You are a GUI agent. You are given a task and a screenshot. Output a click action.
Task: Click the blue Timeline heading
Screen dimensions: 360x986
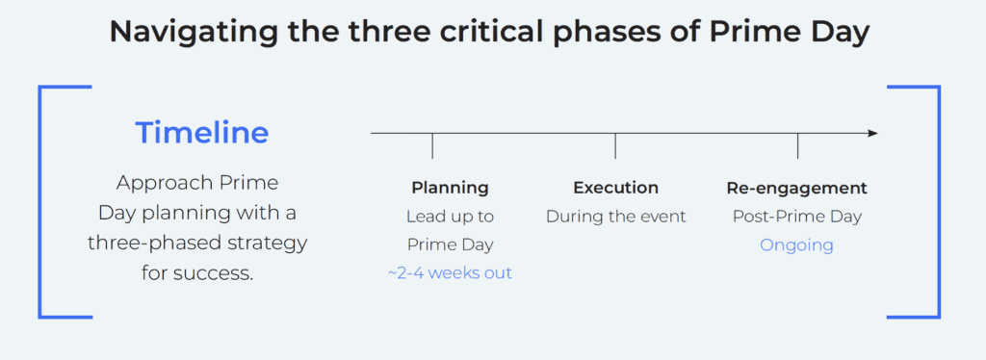point(201,133)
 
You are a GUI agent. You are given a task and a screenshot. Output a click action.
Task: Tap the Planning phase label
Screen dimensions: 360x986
point(450,188)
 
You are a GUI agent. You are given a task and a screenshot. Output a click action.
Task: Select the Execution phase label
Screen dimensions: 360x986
point(615,188)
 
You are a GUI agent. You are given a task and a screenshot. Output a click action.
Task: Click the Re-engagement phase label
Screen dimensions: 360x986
point(796,188)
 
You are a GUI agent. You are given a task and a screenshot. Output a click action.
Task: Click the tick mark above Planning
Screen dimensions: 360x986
point(432,145)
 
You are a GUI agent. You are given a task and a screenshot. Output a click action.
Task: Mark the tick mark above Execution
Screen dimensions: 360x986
point(615,145)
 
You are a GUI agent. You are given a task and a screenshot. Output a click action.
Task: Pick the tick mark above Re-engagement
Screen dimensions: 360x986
point(797,145)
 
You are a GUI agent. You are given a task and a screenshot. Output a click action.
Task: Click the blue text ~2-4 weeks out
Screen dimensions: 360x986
point(450,273)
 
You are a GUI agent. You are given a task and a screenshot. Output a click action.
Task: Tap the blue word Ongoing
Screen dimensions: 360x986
point(796,244)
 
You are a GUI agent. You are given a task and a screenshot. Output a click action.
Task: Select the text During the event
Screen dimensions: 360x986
point(615,217)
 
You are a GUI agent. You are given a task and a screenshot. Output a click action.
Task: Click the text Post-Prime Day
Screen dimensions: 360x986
point(796,217)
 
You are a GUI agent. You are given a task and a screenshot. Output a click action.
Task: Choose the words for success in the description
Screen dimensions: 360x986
point(197,272)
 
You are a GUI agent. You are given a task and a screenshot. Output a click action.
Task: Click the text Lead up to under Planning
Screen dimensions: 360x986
point(450,217)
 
